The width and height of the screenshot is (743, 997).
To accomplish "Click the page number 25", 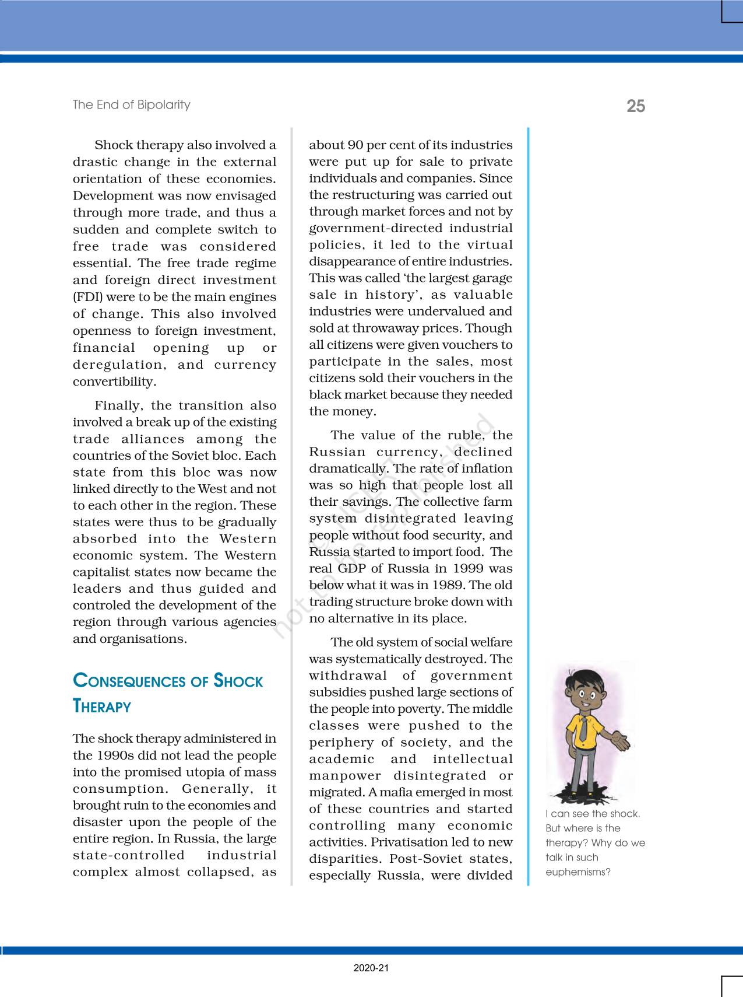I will point(636,106).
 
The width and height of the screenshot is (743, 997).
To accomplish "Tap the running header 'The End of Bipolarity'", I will point(131,105).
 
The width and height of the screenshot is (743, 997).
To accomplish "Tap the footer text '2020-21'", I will point(371,968).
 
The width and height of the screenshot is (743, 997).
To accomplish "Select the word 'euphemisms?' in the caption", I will point(578,872).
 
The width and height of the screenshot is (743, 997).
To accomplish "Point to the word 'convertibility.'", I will point(114,382).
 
